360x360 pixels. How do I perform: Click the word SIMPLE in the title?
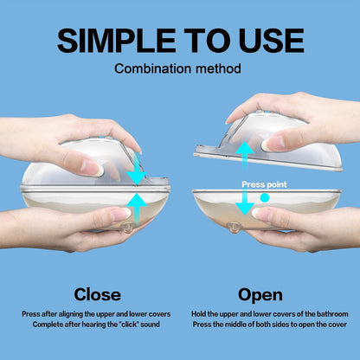click(117, 41)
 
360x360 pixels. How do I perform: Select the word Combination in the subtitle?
click(152, 68)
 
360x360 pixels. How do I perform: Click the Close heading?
click(98, 294)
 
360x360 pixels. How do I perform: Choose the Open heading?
click(260, 295)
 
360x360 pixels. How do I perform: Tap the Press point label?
click(264, 184)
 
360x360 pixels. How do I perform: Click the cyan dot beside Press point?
click(265, 197)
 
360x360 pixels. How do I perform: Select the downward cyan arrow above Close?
click(138, 169)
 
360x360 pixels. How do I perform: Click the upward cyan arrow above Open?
click(245, 157)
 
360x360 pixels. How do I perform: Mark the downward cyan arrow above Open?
click(245, 200)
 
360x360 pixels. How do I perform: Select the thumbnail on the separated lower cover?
click(261, 214)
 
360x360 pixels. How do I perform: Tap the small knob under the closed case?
click(127, 228)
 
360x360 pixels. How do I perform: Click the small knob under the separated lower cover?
click(234, 228)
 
